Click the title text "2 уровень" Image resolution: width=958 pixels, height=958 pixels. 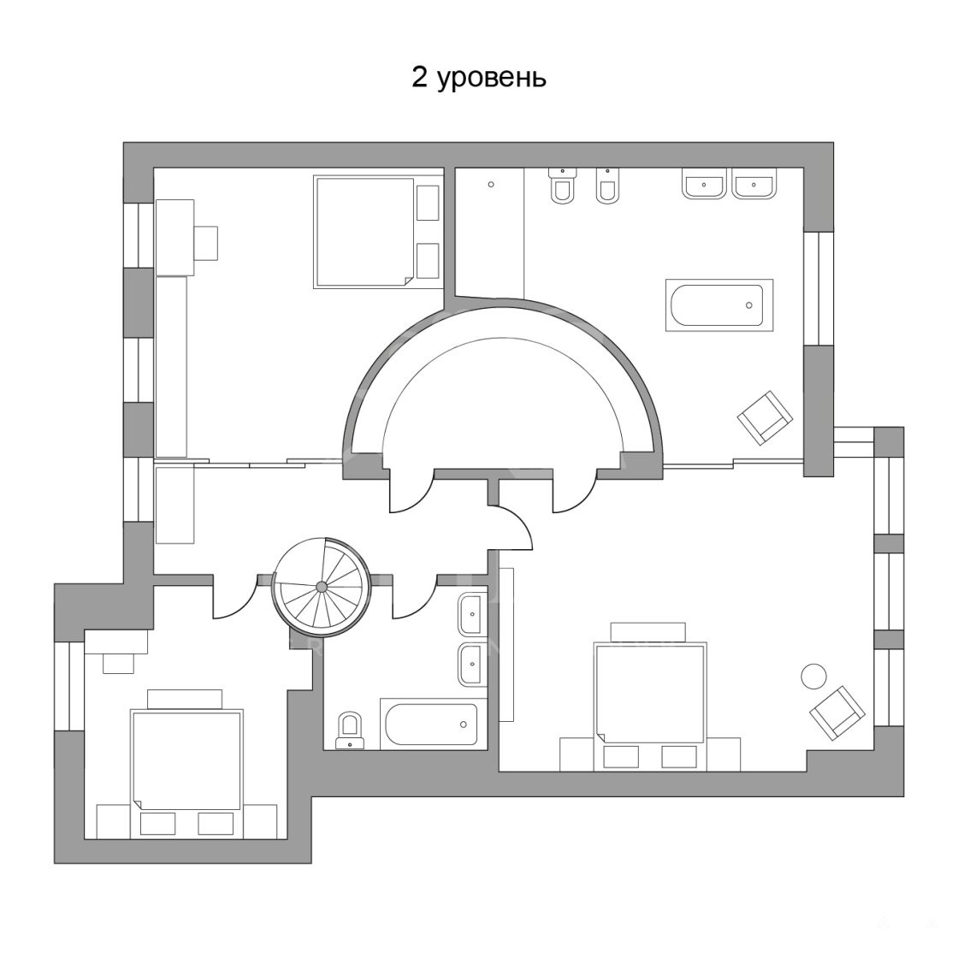[478, 78]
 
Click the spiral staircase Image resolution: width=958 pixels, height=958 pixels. [322, 587]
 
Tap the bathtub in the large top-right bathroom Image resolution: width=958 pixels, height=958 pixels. [719, 305]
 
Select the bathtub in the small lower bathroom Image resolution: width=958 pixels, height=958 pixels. [432, 724]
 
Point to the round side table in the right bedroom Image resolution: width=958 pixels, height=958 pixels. [813, 677]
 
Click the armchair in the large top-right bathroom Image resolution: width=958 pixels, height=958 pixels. [765, 418]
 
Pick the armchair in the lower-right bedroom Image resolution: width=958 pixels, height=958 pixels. [837, 713]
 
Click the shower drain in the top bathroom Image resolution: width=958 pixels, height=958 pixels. [491, 184]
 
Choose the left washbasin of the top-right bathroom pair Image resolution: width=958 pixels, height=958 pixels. [705, 184]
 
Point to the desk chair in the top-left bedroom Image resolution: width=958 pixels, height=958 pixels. [206, 243]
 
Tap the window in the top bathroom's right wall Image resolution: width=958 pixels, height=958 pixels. [818, 289]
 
